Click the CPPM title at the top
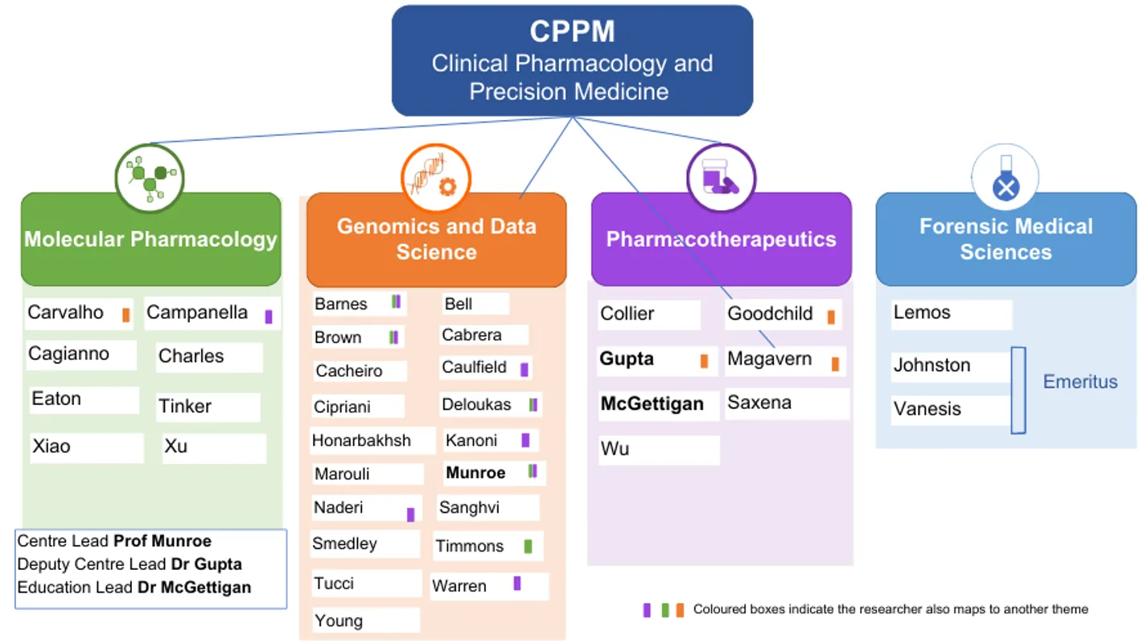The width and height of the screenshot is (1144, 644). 572,31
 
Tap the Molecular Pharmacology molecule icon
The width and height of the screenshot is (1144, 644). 150,178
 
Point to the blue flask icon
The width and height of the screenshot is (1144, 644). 1005,179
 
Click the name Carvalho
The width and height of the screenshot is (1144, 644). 65,312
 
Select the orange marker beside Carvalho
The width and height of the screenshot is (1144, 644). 126,315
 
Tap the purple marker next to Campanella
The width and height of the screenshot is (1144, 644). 269,316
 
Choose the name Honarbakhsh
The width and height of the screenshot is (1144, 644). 361,440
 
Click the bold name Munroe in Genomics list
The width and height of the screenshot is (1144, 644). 475,473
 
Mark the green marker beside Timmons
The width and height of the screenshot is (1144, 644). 528,547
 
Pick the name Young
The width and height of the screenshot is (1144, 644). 339,621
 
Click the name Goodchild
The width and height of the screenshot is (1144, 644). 770,314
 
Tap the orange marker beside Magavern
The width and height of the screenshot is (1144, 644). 835,364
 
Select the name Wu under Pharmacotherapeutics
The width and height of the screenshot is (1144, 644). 615,448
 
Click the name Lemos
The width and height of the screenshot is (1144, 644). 922,312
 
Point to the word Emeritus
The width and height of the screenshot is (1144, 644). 1080,382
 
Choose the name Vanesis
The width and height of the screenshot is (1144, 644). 927,409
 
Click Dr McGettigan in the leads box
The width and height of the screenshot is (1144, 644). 194,588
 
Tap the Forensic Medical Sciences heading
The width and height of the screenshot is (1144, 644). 1006,239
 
